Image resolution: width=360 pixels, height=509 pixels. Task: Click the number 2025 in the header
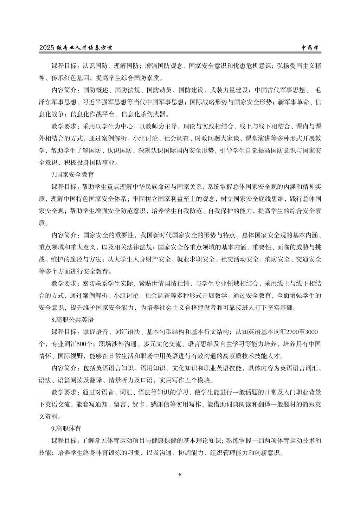(47, 48)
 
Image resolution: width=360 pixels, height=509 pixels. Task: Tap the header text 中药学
(311, 48)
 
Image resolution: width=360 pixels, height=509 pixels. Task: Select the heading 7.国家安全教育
(72, 174)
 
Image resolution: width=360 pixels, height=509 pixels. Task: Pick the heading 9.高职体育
(66, 429)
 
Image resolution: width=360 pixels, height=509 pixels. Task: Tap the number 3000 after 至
(312, 332)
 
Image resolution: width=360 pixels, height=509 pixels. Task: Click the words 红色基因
(73, 78)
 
